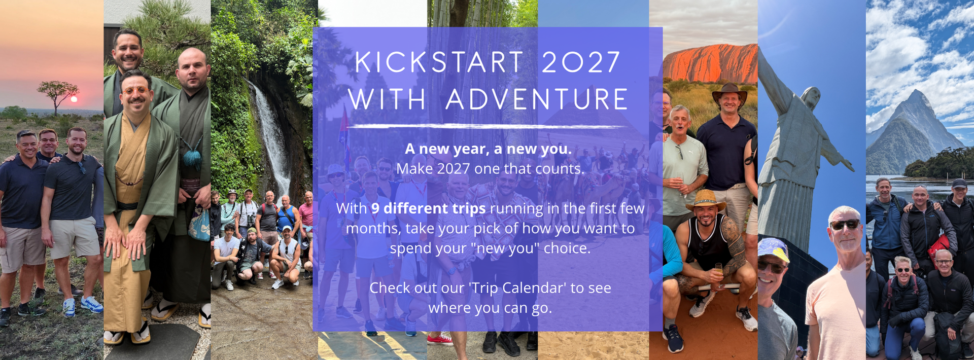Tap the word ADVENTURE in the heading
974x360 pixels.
(x=537, y=99)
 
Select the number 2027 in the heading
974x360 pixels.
(x=581, y=62)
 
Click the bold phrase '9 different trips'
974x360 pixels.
(x=428, y=208)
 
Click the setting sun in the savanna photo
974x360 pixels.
(x=74, y=99)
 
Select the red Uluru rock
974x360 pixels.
(x=710, y=64)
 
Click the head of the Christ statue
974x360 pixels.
(x=811, y=98)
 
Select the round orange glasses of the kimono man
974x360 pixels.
(x=135, y=92)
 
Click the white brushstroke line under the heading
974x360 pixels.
(x=488, y=126)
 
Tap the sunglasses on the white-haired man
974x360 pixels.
(x=845, y=224)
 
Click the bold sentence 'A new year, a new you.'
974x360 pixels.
(x=488, y=149)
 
